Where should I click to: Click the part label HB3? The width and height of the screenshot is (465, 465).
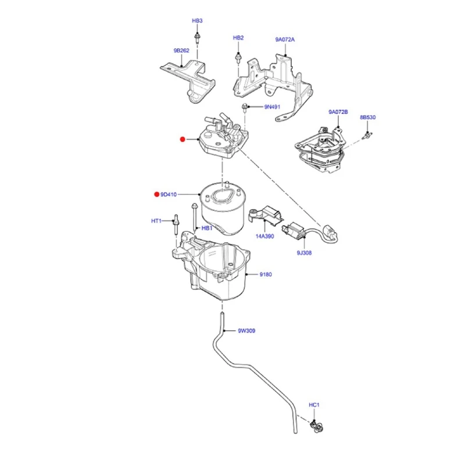197,21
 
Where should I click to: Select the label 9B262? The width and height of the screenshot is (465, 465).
181,51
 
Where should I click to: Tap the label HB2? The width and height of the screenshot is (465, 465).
238,38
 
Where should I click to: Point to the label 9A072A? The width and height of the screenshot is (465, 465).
285,40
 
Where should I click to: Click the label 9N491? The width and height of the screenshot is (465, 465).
272,107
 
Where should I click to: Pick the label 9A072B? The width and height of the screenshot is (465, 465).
338,112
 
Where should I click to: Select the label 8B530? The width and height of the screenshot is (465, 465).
367,117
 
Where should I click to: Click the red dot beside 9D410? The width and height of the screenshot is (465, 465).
156,194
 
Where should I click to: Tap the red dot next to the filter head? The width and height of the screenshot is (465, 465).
182,139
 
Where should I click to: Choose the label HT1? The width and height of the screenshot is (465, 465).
156,221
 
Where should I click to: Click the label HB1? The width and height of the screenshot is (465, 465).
208,228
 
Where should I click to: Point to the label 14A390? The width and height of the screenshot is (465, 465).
264,238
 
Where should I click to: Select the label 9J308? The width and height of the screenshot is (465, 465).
303,254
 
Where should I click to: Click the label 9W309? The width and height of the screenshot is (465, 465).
246,331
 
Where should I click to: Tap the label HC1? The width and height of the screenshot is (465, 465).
314,405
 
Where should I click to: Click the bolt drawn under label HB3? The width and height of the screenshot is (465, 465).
198,37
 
